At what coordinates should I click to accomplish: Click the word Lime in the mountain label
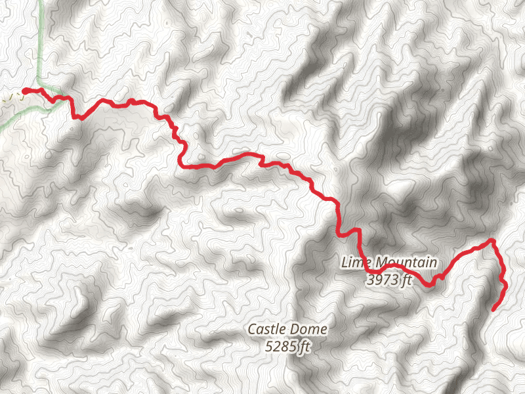coord(354,262)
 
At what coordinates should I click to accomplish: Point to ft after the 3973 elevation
coord(406,280)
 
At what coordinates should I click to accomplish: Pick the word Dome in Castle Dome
coord(308,329)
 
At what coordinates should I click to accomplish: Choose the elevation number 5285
coord(280,347)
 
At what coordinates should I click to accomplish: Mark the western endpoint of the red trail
coord(24,91)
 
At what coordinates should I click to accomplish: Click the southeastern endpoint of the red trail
coord(493,309)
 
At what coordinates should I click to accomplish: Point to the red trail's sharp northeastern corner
coord(492,241)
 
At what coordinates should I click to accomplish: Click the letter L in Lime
coord(345,262)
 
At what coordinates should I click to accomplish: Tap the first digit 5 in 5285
coord(269,347)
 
